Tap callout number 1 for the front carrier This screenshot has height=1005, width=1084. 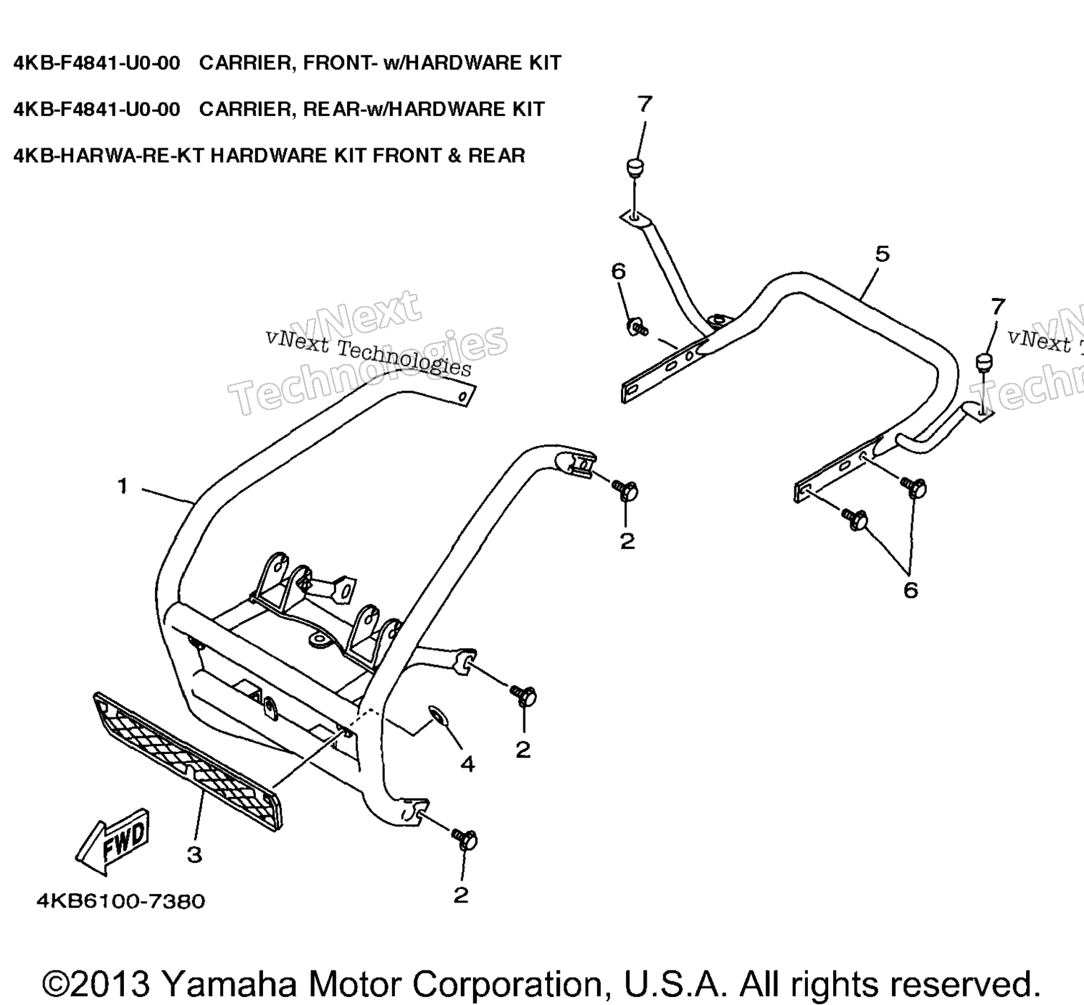123,486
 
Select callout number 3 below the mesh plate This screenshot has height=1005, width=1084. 194,855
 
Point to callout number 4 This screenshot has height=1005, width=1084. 467,764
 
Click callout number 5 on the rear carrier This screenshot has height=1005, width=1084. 882,254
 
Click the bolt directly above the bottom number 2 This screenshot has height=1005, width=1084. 465,839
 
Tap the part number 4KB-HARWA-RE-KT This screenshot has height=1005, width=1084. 109,156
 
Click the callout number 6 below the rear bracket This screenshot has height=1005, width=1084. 911,590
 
